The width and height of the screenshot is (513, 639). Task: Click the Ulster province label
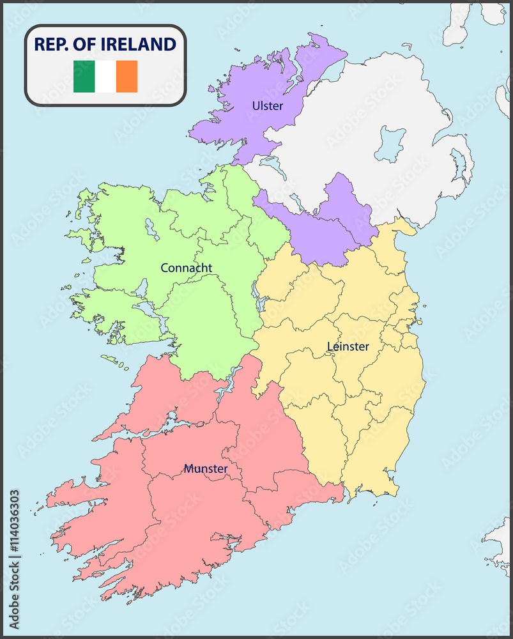tap(267, 105)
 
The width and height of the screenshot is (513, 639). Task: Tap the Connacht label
tap(186, 268)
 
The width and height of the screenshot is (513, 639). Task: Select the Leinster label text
tap(348, 346)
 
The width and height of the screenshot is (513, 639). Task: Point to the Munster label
tap(206, 469)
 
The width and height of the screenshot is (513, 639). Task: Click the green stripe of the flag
tap(84, 77)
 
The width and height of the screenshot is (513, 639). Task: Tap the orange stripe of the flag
tap(126, 77)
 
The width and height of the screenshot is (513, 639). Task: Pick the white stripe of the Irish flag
tap(105, 77)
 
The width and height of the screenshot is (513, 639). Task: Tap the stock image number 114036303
tap(14, 521)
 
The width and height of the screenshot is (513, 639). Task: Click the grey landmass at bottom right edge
tap(498, 543)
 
